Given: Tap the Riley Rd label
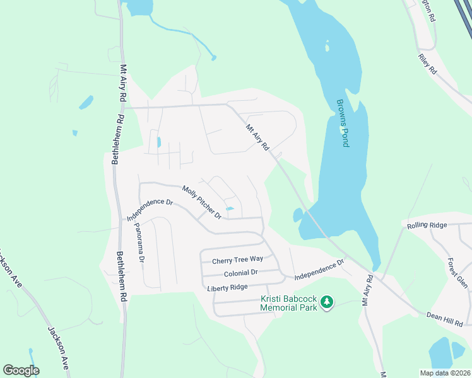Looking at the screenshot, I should pos(427,64).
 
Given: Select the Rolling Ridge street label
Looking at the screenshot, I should pos(427,225).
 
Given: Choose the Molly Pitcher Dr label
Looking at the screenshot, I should pos(201,202).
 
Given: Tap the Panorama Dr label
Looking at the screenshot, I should pos(139,242).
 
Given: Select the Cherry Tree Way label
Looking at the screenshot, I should pos(237,260).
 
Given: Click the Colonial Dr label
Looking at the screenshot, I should pos(241,273).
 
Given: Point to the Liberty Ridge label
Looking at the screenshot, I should pos(227,287).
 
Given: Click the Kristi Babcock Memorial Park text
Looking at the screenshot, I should pos(288,303).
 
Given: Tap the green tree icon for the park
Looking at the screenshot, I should pos(327,303).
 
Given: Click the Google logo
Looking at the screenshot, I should pos(21,370).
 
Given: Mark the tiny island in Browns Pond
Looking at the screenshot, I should pos(327,46).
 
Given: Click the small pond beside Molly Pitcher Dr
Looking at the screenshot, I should pos(230,209).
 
